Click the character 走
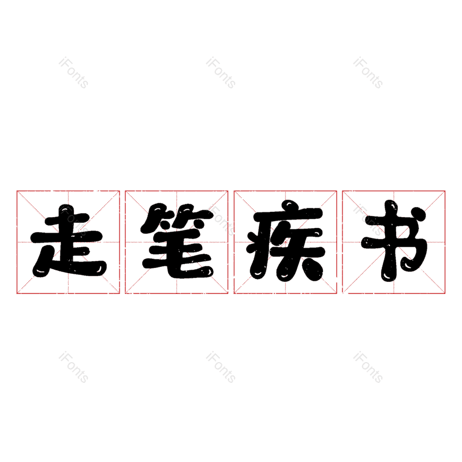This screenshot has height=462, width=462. pyautogui.click(x=68, y=242)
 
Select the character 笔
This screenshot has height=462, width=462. pyautogui.click(x=177, y=242)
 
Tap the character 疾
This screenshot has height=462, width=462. pyautogui.click(x=285, y=242)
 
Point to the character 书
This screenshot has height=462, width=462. pyautogui.click(x=394, y=242)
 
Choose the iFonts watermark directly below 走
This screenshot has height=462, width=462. pyautogui.click(x=73, y=368)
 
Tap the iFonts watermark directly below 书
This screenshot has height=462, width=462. pyautogui.click(x=368, y=368)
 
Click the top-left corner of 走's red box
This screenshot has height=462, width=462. pyautogui.click(x=17, y=191)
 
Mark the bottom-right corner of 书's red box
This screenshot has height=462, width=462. pyautogui.click(x=445, y=293)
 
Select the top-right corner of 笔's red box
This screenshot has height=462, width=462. pyautogui.click(x=228, y=191)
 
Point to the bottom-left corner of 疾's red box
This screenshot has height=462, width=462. pyautogui.click(x=234, y=293)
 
